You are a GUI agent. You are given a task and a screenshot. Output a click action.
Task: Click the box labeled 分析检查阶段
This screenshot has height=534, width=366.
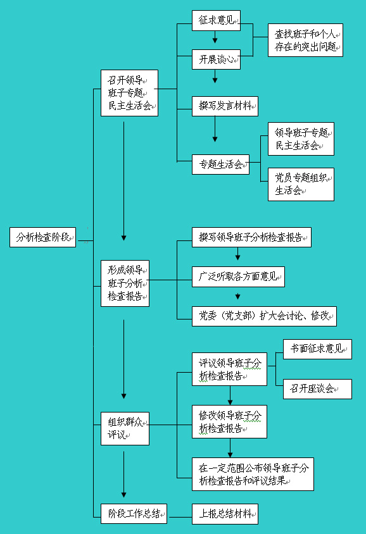click(x=42, y=237)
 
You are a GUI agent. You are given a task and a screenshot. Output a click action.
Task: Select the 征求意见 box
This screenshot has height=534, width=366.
click(x=216, y=20)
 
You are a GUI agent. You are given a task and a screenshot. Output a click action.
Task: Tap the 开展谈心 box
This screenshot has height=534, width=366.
click(x=216, y=59)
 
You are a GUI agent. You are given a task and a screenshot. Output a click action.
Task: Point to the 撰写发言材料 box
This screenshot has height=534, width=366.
click(x=225, y=106)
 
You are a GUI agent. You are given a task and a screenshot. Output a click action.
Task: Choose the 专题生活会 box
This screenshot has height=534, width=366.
click(x=220, y=165)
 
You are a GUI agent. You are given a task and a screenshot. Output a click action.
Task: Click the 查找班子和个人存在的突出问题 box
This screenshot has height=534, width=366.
click(x=305, y=40)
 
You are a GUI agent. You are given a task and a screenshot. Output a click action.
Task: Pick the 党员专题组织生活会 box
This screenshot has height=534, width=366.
click(x=301, y=184)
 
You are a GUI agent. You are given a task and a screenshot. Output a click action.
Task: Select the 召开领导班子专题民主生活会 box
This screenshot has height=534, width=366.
click(x=130, y=93)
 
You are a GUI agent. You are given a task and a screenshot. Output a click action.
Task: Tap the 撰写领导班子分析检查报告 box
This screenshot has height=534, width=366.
click(x=251, y=237)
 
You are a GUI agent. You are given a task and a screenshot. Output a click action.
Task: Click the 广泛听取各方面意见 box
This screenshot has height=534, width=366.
click(x=238, y=277)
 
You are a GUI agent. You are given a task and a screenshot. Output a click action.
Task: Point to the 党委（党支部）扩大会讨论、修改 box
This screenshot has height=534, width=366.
click(x=264, y=316)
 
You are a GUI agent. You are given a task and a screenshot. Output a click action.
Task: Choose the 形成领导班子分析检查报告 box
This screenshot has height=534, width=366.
click(x=125, y=283)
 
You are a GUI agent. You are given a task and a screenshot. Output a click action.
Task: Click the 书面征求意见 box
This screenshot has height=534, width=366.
click(x=317, y=349)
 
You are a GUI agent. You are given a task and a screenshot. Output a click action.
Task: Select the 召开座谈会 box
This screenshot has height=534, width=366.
click(x=317, y=389)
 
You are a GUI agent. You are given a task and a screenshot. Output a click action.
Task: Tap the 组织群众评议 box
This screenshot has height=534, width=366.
click(x=125, y=428)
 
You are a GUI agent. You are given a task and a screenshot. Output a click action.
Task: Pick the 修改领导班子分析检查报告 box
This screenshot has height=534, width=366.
click(x=229, y=421)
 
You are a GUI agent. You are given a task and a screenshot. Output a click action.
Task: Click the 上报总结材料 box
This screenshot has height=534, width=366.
click(x=225, y=514)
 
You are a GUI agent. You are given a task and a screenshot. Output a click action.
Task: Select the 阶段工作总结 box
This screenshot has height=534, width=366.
click(x=134, y=514)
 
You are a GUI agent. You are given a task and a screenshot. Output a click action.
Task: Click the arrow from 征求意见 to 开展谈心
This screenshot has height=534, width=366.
click(x=215, y=37)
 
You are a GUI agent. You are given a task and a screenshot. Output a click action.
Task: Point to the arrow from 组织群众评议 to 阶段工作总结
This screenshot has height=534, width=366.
click(x=123, y=475)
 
